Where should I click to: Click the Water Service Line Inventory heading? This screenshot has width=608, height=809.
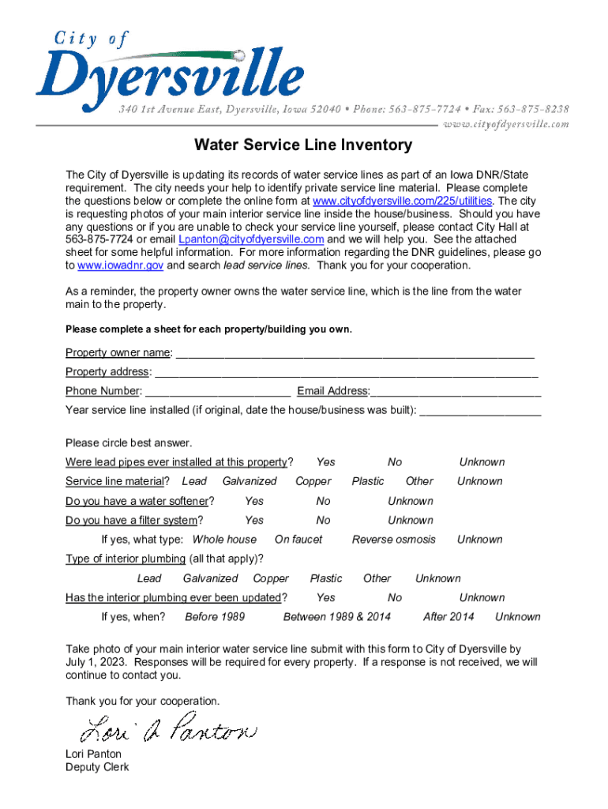tap(304, 145)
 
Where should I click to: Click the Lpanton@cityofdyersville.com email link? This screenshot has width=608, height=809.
tap(251, 239)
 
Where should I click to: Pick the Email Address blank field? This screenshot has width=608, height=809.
tap(456, 391)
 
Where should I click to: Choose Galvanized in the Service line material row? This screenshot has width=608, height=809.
tap(250, 481)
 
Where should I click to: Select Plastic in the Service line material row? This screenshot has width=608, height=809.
tap(368, 481)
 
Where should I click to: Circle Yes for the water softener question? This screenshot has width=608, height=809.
tap(254, 501)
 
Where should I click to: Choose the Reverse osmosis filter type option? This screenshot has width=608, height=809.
tap(393, 540)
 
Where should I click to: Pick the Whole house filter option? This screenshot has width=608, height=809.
tap(224, 540)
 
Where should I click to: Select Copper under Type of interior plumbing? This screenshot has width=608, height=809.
tap(271, 578)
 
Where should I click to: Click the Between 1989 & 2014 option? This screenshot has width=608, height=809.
tap(337, 617)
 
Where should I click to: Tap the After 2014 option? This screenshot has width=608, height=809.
tap(448, 617)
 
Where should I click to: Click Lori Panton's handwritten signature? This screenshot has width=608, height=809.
tap(171, 728)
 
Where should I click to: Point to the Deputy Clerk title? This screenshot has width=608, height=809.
tap(97, 767)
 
